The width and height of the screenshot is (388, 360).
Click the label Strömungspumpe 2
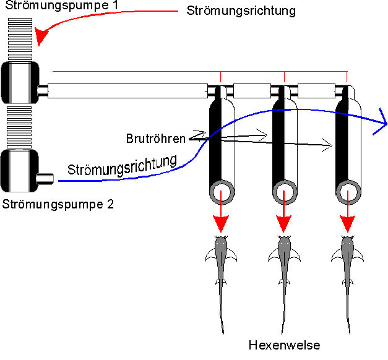pyautogui.click(x=58, y=204)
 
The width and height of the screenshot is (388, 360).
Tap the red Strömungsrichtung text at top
pyautogui.click(x=241, y=11)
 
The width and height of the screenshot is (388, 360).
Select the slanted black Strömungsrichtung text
pyautogui.click(x=127, y=164)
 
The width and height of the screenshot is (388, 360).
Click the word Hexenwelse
pyautogui.click(x=284, y=345)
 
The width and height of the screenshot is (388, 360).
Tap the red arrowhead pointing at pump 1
pyautogui.click(x=41, y=38)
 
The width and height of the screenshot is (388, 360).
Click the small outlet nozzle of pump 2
pyautogui.click(x=46, y=179)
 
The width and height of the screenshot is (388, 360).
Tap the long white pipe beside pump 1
pyautogui.click(x=127, y=92)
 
